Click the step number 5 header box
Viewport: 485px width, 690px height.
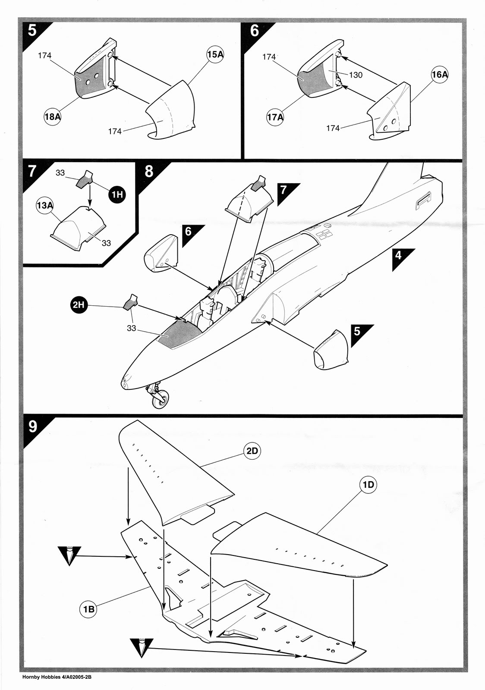pyautogui.click(x=32, y=31)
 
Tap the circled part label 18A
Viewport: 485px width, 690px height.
pyautogui.click(x=52, y=116)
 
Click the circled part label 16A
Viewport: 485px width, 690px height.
pyautogui.click(x=440, y=75)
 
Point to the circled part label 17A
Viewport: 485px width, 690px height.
pyautogui.click(x=275, y=116)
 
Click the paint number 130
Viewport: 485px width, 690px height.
pyautogui.click(x=356, y=75)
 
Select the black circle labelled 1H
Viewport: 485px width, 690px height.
pyautogui.click(x=117, y=194)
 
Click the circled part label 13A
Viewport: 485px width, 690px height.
pyautogui.click(x=44, y=205)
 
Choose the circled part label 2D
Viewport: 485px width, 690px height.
pyautogui.click(x=252, y=451)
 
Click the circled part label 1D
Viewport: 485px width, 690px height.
pyautogui.click(x=368, y=485)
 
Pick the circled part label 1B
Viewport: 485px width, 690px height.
pyautogui.click(x=88, y=609)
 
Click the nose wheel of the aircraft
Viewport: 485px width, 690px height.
pyautogui.click(x=160, y=401)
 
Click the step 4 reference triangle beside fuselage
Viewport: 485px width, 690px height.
pyautogui.click(x=401, y=257)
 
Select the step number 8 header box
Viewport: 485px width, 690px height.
pyautogui.click(x=148, y=171)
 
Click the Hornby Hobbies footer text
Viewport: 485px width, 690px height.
pyautogui.click(x=57, y=677)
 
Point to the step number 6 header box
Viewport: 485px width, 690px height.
pyautogui.click(x=255, y=31)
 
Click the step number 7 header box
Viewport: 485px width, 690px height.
pyautogui.click(x=32, y=171)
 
